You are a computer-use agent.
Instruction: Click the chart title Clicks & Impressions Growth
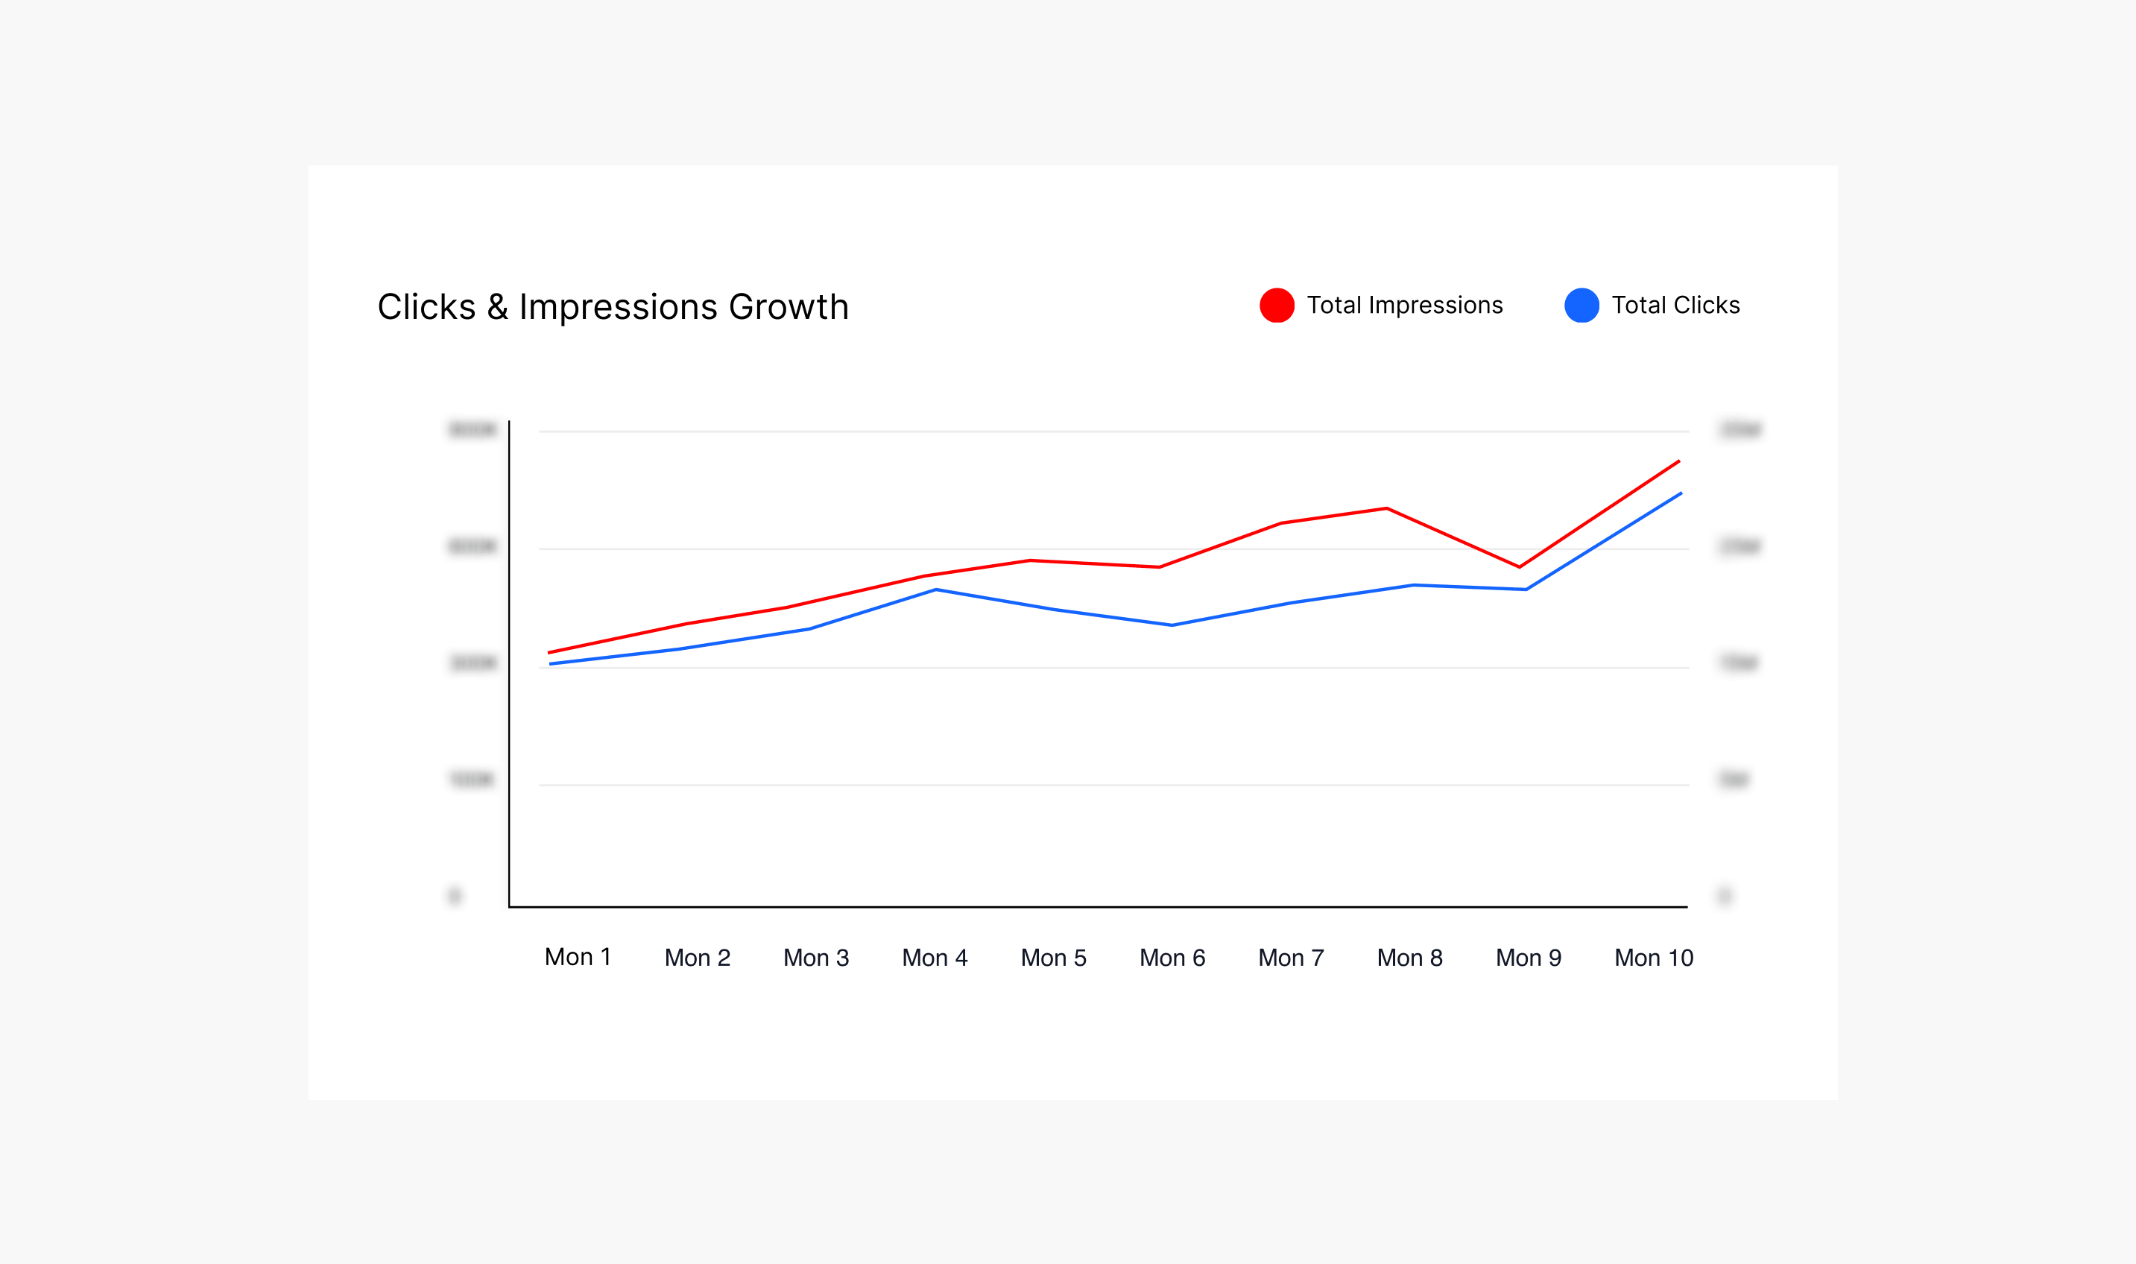point(613,306)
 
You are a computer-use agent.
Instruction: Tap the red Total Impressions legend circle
point(1277,305)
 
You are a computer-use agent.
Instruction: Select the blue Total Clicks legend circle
point(1582,305)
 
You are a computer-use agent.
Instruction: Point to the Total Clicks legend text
point(1675,305)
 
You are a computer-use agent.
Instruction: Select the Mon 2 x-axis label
point(697,958)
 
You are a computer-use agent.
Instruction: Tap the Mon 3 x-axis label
point(816,958)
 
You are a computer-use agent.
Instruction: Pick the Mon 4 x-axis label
point(935,958)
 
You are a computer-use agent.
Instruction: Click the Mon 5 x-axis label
point(1054,958)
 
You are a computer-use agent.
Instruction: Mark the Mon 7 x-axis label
point(1291,958)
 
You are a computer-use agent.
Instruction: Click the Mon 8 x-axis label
point(1409,958)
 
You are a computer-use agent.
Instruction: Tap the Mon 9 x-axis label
point(1529,958)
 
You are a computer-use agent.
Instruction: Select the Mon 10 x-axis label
point(1653,958)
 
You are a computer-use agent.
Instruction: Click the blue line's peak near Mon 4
point(936,590)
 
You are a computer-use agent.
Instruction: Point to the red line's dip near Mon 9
point(1520,566)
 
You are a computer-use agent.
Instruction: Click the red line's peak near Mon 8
point(1386,508)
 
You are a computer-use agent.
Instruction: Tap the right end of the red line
point(1678,461)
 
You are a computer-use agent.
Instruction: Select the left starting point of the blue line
point(551,663)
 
